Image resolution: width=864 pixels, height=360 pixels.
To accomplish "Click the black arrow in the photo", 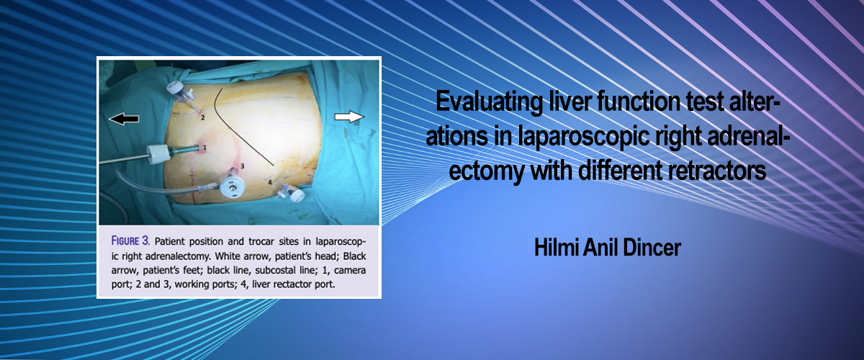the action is click(124, 119).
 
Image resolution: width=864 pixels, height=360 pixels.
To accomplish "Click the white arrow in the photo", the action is click(349, 117).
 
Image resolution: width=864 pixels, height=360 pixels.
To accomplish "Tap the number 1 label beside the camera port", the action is click(204, 148).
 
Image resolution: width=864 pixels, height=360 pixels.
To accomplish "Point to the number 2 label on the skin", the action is click(203, 117).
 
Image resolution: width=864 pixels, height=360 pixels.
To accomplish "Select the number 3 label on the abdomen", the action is click(242, 166).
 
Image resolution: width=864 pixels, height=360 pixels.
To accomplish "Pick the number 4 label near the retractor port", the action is click(269, 181).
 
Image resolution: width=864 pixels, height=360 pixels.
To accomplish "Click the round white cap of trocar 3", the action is click(232, 187).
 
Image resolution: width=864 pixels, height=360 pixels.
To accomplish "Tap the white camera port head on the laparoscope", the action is click(159, 154).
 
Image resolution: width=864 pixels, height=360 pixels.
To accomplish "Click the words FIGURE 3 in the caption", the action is click(130, 241).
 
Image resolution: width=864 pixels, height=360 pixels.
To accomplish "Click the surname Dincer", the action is click(652, 248).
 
